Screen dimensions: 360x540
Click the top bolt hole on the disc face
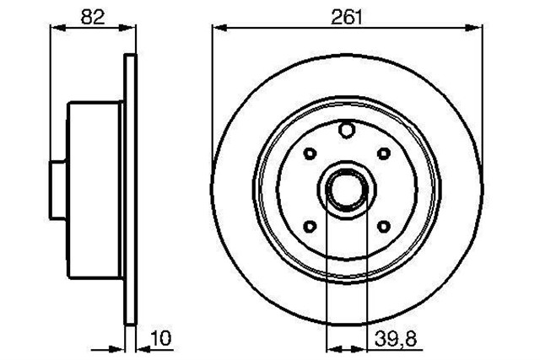pyautogui.click(x=345, y=131)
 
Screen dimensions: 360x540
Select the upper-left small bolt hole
pyautogui.click(x=307, y=154)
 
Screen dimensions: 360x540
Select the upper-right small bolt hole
pyautogui.click(x=384, y=153)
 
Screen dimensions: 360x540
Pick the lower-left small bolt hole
pyautogui.click(x=307, y=226)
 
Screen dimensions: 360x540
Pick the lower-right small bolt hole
pyautogui.click(x=384, y=226)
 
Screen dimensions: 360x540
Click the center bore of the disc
pyautogui.click(x=345, y=189)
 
